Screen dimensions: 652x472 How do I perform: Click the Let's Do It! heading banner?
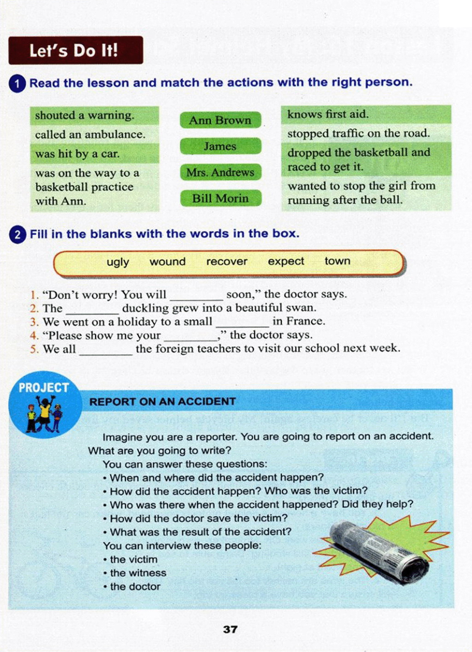click(x=76, y=50)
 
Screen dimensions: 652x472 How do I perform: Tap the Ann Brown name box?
click(x=220, y=120)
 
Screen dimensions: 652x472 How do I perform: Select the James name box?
click(x=220, y=146)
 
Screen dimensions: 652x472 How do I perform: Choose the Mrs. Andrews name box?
click(x=220, y=172)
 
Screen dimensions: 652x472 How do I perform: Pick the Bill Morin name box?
click(x=220, y=198)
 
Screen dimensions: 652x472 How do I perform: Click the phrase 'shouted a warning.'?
click(x=85, y=115)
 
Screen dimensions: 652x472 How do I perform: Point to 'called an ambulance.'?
click(x=90, y=135)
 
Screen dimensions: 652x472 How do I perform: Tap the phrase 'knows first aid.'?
click(x=328, y=114)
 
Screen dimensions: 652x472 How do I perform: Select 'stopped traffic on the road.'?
click(x=358, y=133)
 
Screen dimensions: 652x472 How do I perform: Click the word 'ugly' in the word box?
click(x=118, y=262)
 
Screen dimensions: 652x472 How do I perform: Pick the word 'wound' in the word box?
click(x=167, y=262)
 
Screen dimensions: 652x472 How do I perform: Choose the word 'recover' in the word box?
click(x=227, y=262)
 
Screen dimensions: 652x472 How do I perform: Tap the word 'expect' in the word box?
click(x=286, y=261)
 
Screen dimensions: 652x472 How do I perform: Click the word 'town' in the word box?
click(x=337, y=261)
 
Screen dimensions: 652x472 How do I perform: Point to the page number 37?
click(x=230, y=629)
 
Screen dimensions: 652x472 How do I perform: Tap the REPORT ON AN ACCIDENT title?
click(x=162, y=401)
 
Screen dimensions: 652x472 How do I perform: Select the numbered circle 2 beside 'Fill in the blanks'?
click(x=18, y=235)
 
